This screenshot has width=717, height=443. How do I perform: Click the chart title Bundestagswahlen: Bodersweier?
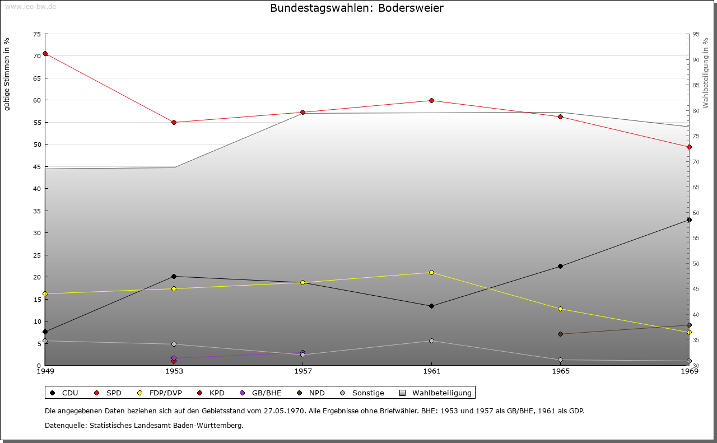357,8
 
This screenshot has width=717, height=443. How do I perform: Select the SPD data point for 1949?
45,54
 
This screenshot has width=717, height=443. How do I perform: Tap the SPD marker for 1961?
431,101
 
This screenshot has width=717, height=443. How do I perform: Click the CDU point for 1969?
689,220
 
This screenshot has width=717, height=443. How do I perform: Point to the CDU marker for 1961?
431,306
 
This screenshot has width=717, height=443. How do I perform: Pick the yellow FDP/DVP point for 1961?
431,273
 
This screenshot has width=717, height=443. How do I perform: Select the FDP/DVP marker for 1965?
560,309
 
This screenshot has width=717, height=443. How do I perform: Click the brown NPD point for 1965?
560,334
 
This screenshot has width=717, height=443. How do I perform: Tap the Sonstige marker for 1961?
431,341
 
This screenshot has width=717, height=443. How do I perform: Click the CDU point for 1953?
174,276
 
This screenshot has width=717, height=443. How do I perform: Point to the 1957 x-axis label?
302,371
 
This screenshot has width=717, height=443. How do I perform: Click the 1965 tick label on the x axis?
560,371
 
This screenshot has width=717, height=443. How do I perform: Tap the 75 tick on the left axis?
36,34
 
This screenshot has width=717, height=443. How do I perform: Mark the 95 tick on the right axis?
696,34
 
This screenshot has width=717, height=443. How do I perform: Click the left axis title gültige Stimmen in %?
7,74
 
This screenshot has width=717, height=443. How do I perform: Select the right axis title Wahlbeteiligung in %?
706,73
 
